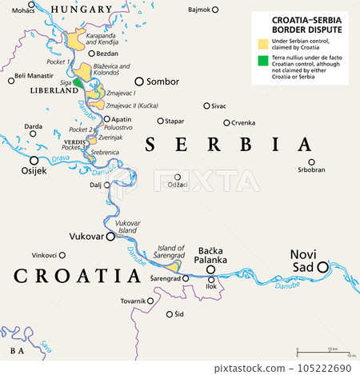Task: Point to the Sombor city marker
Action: point(139,82)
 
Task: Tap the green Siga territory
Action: point(78,83)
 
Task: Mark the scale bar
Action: point(325,351)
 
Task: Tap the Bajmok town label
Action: point(198,10)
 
